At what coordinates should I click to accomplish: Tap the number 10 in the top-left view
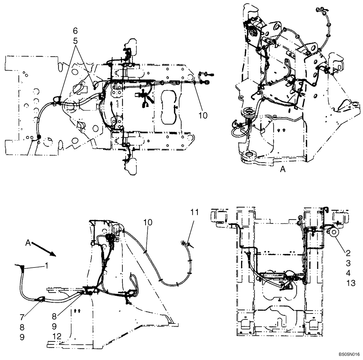pyautogui.click(x=203, y=115)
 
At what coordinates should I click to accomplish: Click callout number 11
pyautogui.click(x=195, y=213)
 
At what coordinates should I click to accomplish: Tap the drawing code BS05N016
pyautogui.click(x=349, y=353)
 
